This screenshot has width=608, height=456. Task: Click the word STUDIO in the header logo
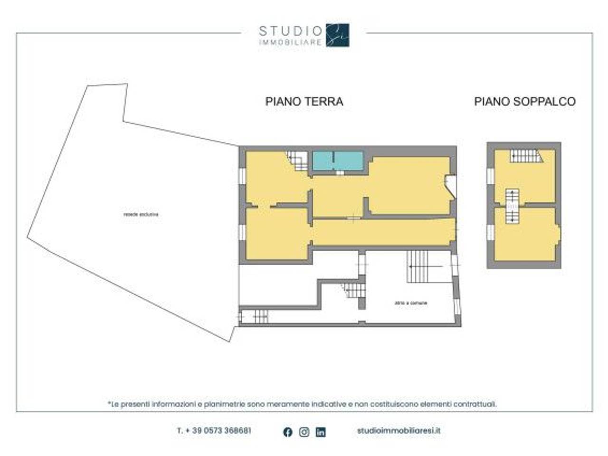[x=290, y=31]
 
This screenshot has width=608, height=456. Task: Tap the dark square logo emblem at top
[x=338, y=35]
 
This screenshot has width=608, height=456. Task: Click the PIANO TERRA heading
[x=304, y=101]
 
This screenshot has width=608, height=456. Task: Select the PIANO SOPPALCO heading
[x=524, y=101]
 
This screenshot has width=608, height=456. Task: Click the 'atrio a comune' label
[x=411, y=303]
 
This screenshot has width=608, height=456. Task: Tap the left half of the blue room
[x=323, y=161]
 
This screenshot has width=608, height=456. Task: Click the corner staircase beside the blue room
[x=299, y=160]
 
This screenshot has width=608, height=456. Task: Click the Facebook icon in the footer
[x=287, y=432]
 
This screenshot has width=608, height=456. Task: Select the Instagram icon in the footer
[x=304, y=432]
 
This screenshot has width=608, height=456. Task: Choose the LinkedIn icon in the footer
[x=321, y=432]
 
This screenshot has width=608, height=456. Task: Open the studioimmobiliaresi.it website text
[x=399, y=431]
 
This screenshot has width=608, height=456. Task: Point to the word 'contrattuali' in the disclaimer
[x=475, y=404]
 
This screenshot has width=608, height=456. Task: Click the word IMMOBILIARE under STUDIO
[x=290, y=42]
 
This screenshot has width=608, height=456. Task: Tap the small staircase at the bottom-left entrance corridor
[x=260, y=316]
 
